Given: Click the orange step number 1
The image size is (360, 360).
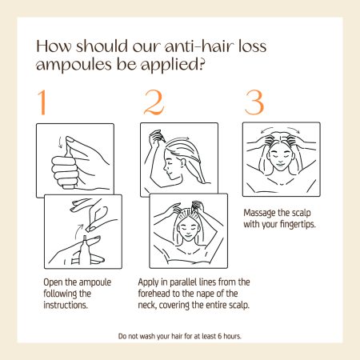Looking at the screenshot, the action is click(x=42, y=102).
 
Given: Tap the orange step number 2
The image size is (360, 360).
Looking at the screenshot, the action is click(x=154, y=102).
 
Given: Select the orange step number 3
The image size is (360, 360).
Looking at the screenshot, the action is click(x=254, y=102).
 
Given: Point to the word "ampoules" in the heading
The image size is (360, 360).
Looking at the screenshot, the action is click(x=74, y=66).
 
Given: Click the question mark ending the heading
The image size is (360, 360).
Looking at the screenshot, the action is click(x=202, y=64).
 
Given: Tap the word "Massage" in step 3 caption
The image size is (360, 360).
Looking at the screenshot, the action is click(x=259, y=213).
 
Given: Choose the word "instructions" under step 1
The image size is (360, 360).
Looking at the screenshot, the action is click(x=65, y=305).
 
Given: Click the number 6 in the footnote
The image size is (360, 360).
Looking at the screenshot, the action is click(x=220, y=336).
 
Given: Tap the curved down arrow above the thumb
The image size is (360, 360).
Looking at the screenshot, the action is click(x=60, y=142).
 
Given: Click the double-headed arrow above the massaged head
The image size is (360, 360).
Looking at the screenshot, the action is click(x=280, y=129).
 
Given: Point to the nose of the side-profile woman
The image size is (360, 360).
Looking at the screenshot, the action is click(x=165, y=168).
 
